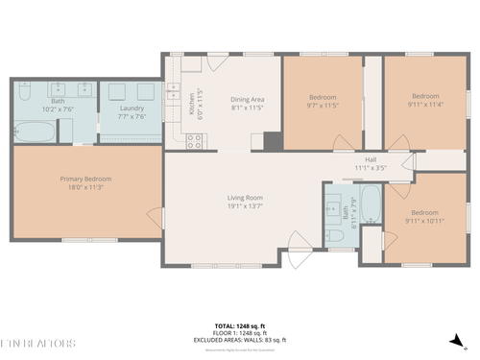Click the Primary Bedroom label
86,179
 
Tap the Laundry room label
132,109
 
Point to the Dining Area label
248,99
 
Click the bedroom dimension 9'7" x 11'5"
322,104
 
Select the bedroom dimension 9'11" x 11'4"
424,104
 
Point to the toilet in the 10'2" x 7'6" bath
26,92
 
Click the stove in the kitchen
195,140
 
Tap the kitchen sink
175,92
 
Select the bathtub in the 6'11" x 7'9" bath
371,204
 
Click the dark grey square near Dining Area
272,142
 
